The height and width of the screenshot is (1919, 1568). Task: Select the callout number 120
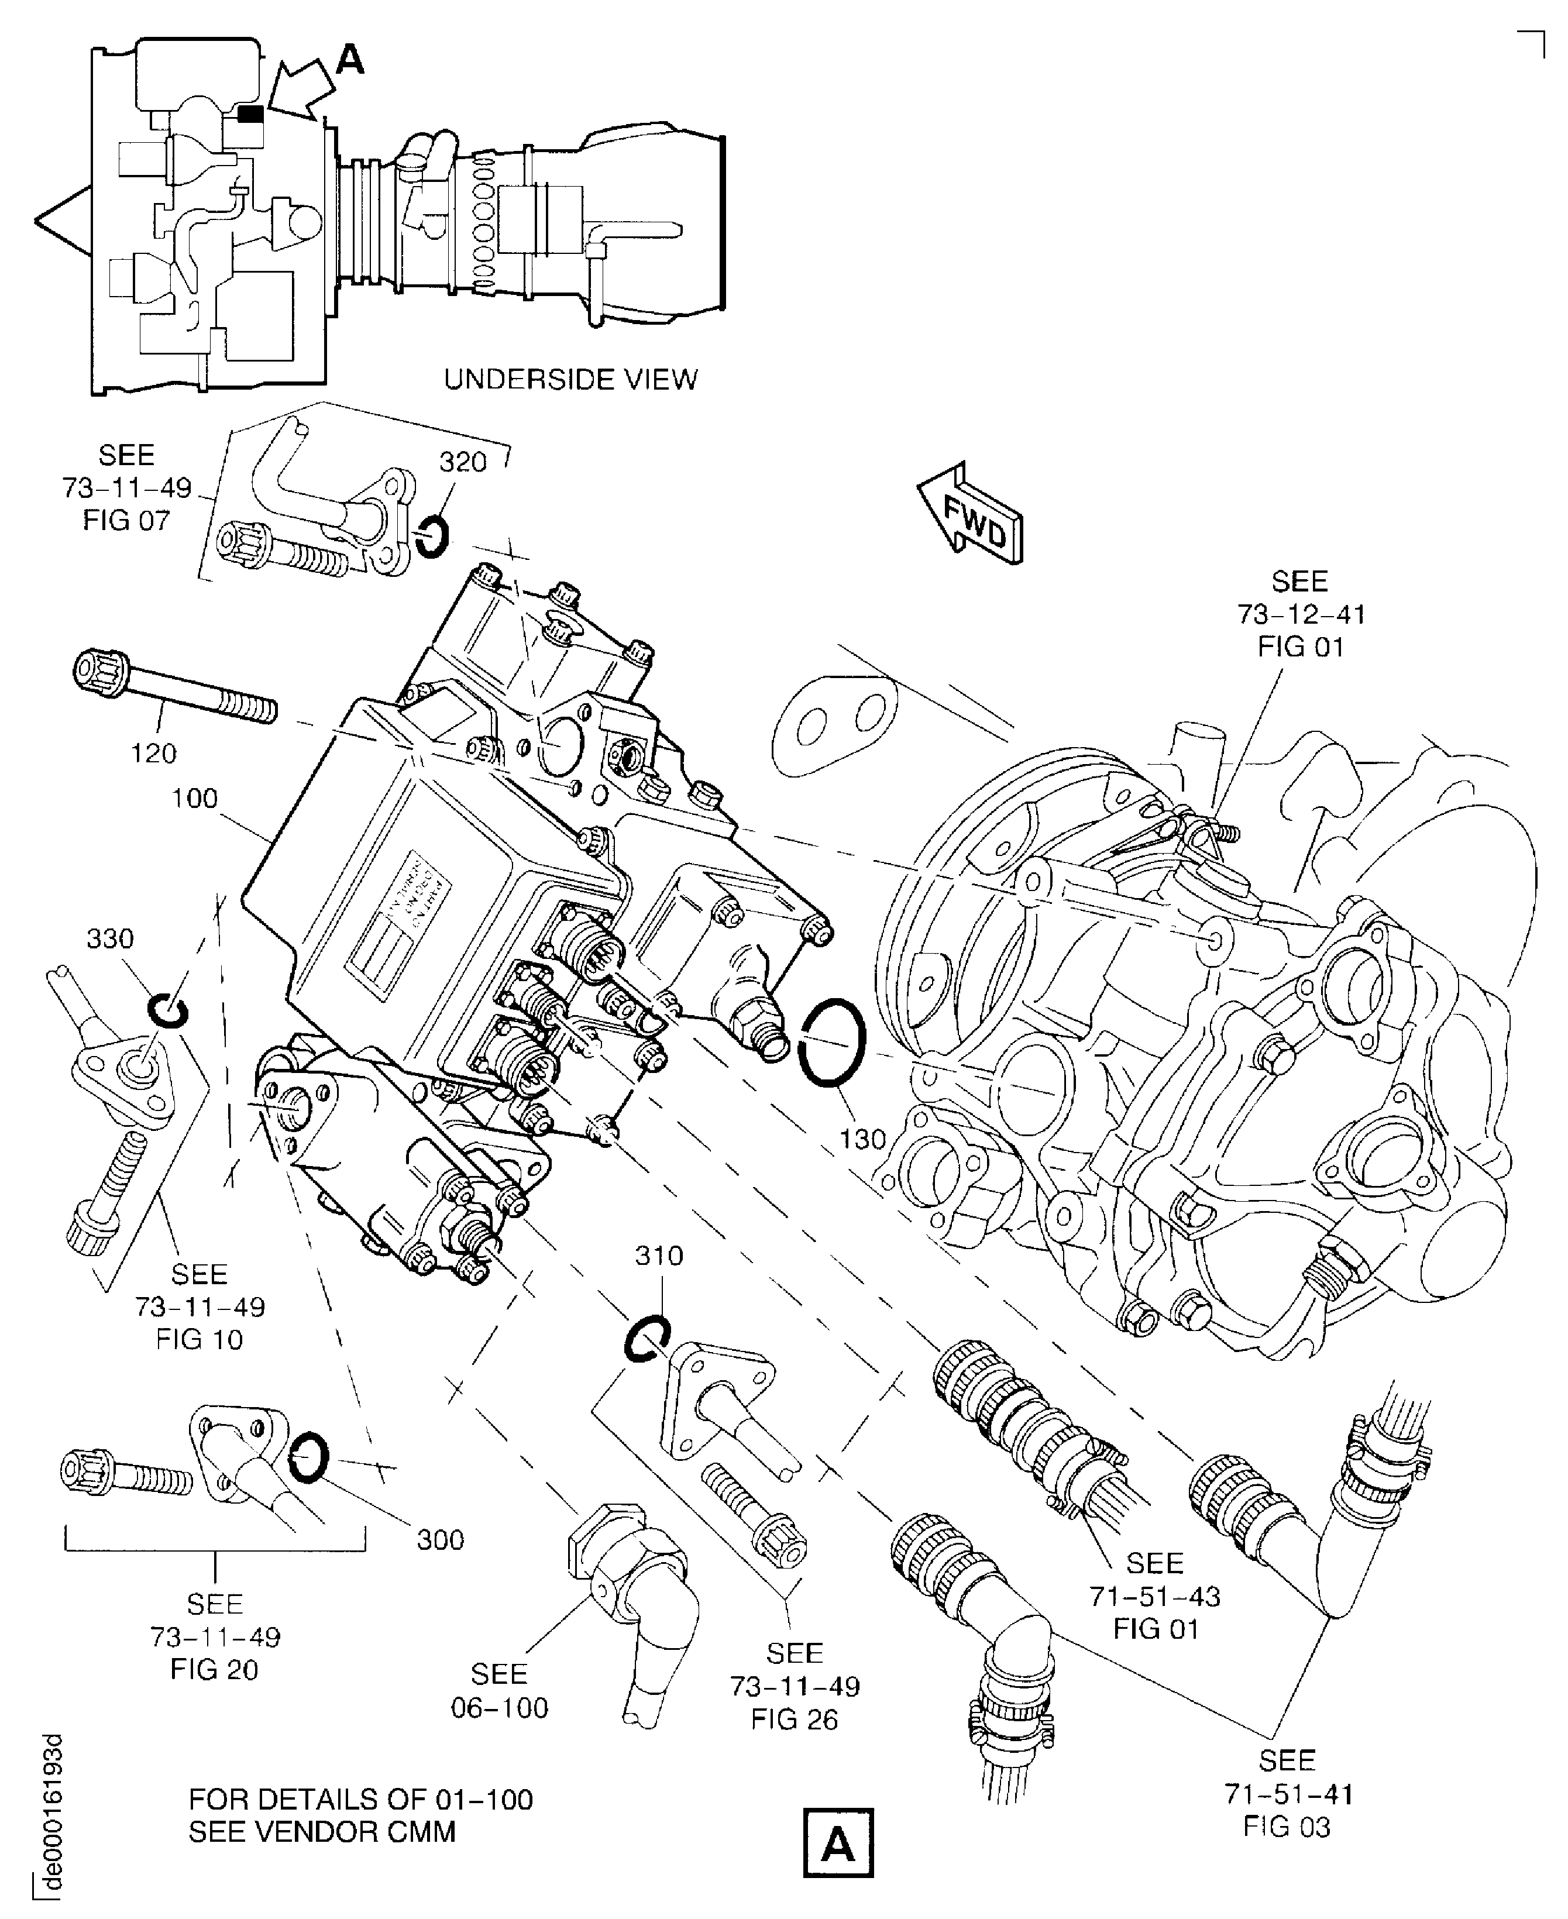coord(153,752)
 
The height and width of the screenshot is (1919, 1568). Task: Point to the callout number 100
coord(195,798)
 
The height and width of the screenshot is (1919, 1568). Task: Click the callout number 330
coord(110,939)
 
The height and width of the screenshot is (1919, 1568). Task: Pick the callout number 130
coord(862,1140)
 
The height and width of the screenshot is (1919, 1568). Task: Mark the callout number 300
coord(440,1540)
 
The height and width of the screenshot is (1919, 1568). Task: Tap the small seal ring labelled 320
coord(432,537)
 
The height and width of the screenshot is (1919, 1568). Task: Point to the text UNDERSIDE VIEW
coord(571,379)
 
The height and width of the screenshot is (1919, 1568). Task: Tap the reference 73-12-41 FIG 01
coord(1301,614)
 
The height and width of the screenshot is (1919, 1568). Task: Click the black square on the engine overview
coord(251,114)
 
